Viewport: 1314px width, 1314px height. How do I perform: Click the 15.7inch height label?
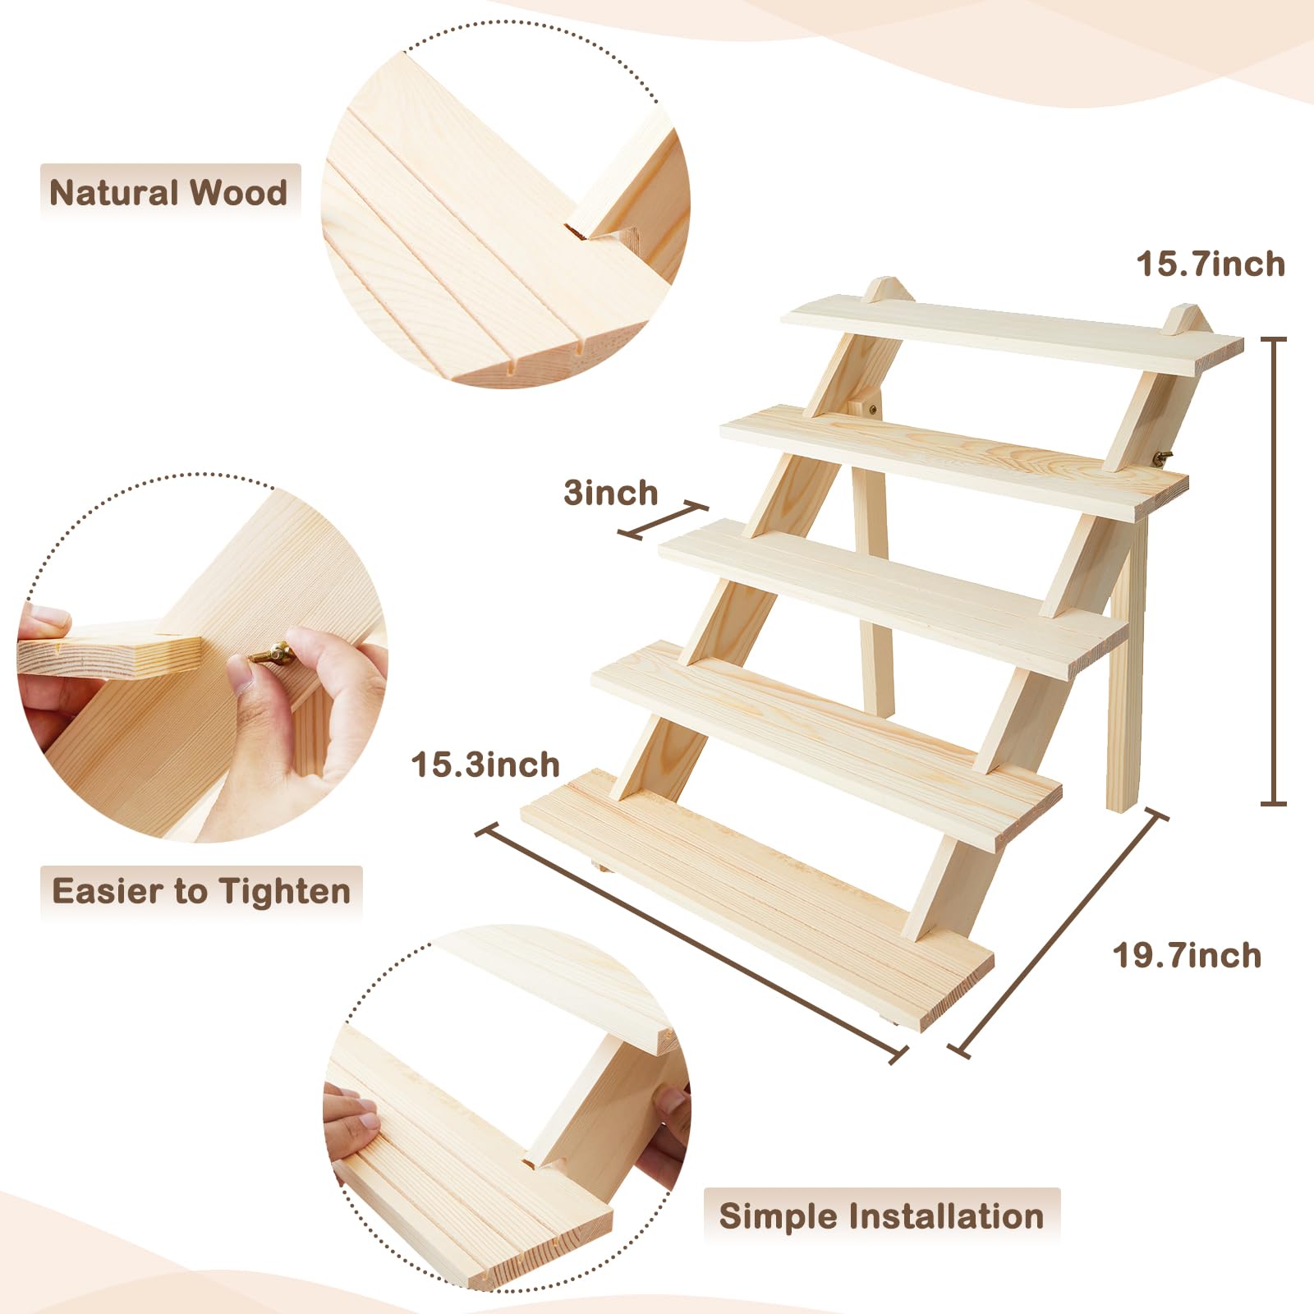click(x=1211, y=264)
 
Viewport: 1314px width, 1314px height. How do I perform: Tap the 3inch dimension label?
click(x=611, y=493)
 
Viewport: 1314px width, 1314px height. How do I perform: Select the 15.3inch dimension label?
click(x=485, y=765)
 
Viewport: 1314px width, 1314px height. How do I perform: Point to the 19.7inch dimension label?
click(x=1187, y=956)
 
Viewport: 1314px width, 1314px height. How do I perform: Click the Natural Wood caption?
click(x=169, y=192)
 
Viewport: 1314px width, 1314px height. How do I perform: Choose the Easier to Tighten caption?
click(x=201, y=891)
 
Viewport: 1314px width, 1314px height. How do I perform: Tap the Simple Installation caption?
click(x=881, y=1215)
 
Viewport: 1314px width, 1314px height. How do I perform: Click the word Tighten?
click(x=285, y=892)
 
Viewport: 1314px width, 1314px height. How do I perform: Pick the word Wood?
click(x=239, y=192)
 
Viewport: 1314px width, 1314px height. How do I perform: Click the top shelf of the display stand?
click(x=1012, y=333)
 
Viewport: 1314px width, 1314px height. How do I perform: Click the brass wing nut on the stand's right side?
click(x=1164, y=457)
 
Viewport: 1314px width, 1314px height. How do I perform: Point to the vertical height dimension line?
click(x=1274, y=571)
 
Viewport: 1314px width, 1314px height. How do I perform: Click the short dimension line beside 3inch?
click(x=663, y=521)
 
